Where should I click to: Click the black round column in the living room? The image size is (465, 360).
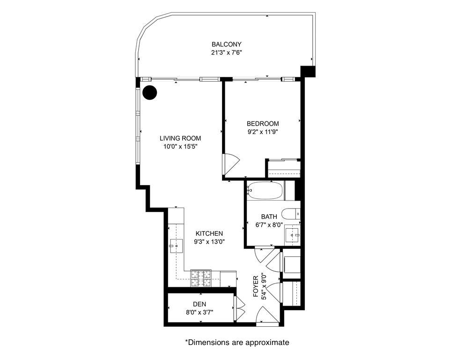149,92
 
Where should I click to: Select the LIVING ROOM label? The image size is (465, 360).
180,138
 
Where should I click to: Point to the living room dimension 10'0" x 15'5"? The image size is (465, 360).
180,147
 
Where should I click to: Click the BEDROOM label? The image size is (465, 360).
263,123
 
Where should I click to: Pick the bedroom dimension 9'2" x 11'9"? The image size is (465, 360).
263,132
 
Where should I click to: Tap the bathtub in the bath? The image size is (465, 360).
265,190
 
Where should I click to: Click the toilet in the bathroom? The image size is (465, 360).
291,214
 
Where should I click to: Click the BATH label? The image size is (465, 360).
269,217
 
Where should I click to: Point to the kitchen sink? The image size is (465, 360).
176,246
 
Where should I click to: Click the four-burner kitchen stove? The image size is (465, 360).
201,279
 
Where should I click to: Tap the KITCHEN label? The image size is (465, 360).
209,234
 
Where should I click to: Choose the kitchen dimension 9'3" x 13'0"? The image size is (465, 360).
209,242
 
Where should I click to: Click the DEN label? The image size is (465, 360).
199,304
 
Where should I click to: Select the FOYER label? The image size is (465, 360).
256,286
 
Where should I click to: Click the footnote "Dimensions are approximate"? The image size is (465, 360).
239,343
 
